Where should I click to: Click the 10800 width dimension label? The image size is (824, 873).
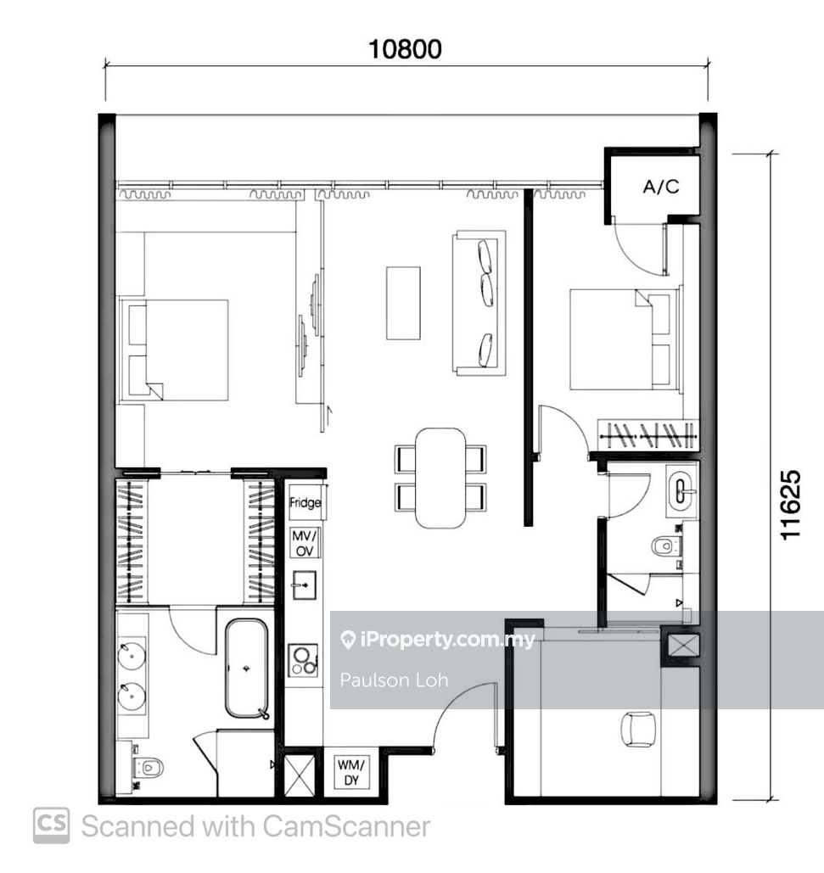click(406, 49)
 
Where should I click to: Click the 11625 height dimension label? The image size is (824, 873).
click(791, 505)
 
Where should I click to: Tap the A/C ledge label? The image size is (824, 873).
click(661, 187)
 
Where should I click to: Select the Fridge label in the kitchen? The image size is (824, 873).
click(305, 503)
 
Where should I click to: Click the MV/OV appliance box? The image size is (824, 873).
click(305, 543)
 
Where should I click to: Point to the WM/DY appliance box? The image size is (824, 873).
click(351, 771)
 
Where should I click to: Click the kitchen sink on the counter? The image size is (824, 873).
click(304, 585)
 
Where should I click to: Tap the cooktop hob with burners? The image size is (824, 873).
click(304, 660)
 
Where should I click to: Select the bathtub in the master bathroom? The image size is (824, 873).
click(247, 669)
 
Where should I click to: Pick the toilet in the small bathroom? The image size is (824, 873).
click(666, 546)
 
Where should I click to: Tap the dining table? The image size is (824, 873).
click(440, 478)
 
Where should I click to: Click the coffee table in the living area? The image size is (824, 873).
click(403, 303)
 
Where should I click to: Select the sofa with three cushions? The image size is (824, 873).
click(479, 303)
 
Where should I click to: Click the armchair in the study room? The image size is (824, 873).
click(638, 729)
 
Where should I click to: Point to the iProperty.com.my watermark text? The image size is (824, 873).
click(437, 639)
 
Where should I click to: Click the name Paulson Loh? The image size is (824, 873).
click(395, 680)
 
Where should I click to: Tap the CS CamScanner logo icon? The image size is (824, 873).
click(51, 825)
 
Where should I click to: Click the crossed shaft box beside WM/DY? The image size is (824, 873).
click(300, 775)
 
